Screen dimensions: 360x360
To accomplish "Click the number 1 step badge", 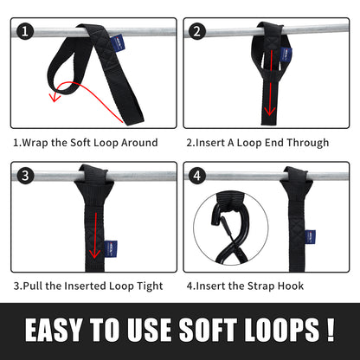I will (x=25, y=32).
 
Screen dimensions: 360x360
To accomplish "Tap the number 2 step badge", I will (x=196, y=32).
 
